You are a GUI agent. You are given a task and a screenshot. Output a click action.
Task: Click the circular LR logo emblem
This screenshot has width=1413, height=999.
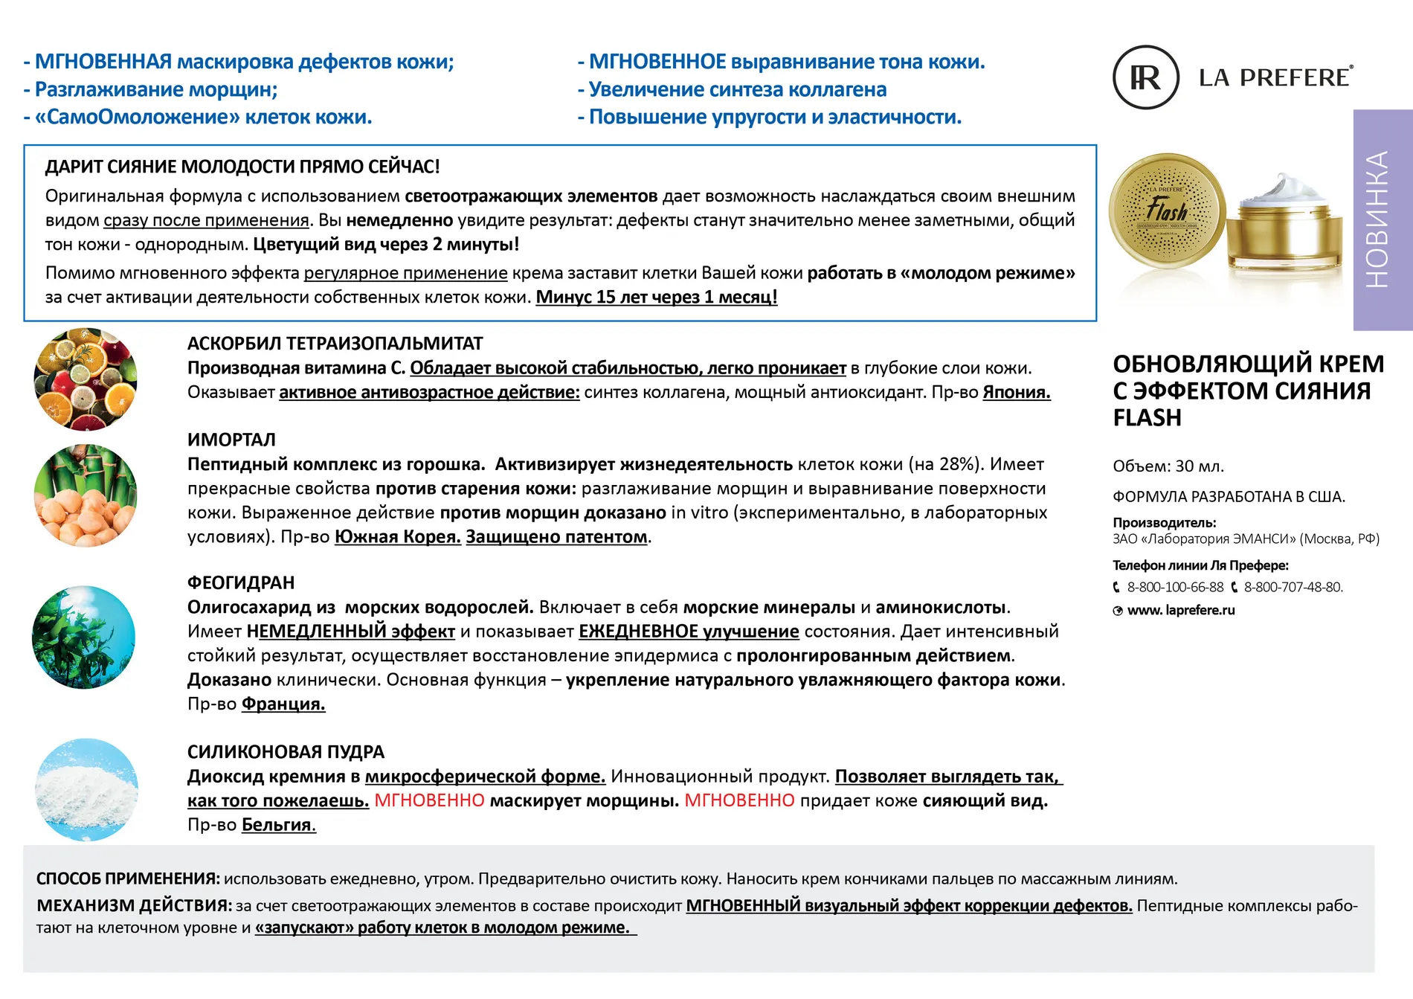point(1145,77)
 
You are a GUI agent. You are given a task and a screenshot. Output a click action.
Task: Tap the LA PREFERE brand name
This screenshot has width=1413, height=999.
point(1275,77)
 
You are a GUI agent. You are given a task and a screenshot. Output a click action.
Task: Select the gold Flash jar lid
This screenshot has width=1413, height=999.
point(1167,212)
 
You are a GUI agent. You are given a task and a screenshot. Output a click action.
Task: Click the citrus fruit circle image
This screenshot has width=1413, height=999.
point(86,379)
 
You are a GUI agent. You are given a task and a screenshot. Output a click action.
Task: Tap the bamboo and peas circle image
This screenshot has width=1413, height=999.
point(86,495)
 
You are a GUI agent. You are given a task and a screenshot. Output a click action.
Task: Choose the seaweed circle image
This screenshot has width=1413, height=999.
point(84,637)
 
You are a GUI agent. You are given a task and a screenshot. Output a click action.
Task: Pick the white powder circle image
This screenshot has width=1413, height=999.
point(86,789)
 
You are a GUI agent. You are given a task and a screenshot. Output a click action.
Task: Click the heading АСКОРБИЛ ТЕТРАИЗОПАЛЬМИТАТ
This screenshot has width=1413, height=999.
point(335,344)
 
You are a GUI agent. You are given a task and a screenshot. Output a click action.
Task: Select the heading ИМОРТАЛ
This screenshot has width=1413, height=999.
point(231,440)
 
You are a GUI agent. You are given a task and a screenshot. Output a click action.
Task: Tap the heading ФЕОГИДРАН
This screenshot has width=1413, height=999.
point(241,582)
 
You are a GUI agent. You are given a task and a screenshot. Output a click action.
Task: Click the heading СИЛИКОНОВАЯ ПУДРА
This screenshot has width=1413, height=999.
point(286,752)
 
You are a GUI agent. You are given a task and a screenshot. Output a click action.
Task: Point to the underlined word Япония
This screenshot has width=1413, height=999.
point(1016,392)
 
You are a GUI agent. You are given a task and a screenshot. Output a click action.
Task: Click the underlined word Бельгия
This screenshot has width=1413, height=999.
point(279,825)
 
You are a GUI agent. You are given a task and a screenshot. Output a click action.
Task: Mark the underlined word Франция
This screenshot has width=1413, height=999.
point(283,704)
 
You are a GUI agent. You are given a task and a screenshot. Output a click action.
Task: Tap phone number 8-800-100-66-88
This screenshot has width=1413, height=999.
point(1174,587)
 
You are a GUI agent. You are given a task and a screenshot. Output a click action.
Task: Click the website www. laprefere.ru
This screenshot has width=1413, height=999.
point(1180,610)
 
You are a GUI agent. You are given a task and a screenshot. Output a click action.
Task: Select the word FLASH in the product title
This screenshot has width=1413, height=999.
point(1147,418)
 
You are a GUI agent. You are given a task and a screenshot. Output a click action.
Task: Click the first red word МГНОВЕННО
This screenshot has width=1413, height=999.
point(429,800)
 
